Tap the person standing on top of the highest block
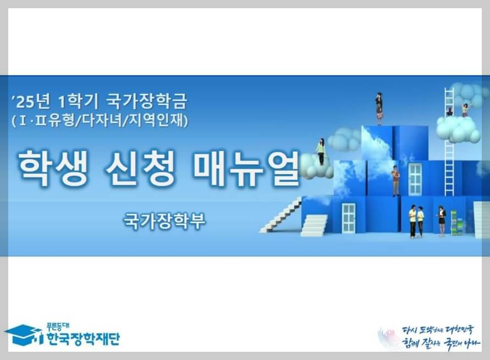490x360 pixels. click(379, 108)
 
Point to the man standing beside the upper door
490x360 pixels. click(395, 180)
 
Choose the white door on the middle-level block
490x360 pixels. click(415, 179)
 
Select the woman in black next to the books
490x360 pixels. click(441, 220)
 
